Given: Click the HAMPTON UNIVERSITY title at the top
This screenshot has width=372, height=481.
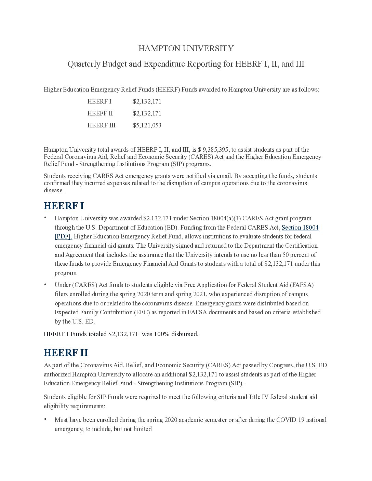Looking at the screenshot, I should tap(186, 49).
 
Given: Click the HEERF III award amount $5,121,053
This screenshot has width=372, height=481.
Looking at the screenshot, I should tap(147, 125).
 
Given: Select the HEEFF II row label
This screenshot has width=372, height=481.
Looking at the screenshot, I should tap(100, 113).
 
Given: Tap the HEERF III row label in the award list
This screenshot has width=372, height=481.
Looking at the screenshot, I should tap(101, 125).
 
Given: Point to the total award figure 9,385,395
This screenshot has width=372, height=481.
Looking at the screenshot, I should tap(217, 150).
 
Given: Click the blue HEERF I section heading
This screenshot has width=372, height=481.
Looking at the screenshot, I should tap(64, 206).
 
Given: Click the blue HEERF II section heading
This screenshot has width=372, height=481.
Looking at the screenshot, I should tap(66, 353).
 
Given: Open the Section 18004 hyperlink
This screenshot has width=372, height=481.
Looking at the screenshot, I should tap(300, 228).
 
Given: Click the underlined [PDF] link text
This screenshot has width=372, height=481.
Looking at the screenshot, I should tap(63, 236).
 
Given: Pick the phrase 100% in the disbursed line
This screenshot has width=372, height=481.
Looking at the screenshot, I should tap(162, 334).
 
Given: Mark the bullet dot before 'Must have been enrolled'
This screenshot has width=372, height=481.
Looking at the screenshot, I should tap(45, 419).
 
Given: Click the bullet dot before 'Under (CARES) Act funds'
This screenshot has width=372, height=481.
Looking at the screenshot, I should tap(45, 284).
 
